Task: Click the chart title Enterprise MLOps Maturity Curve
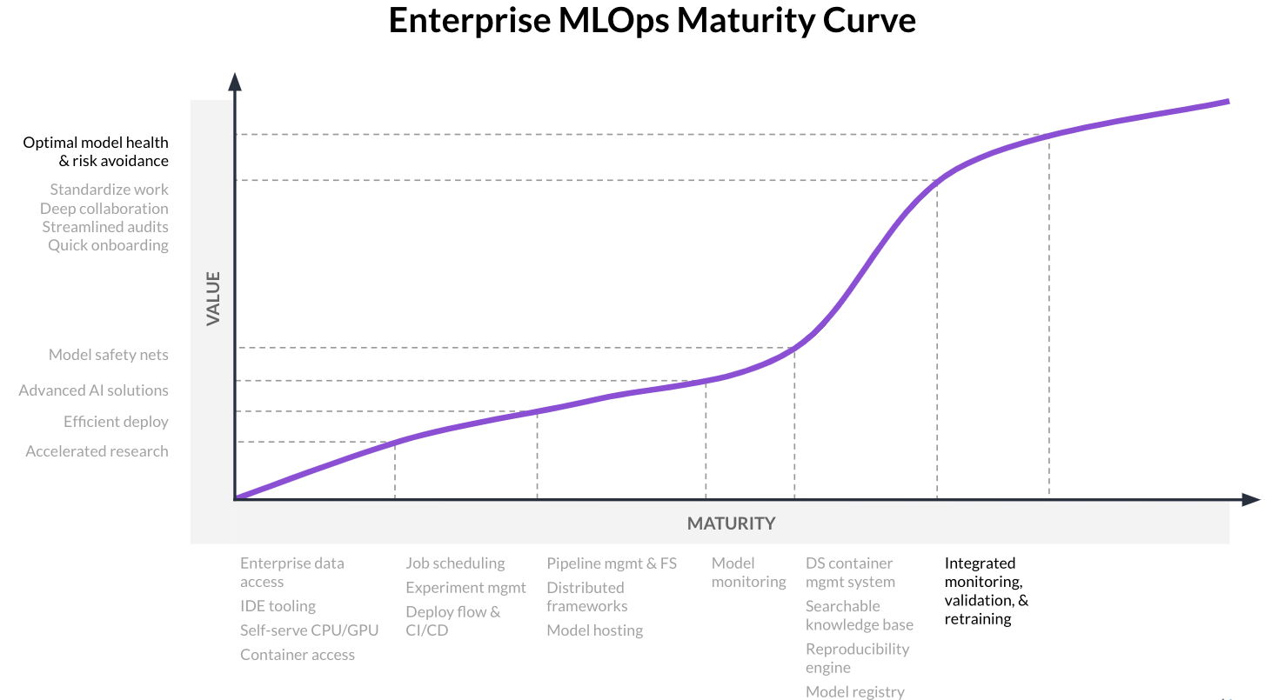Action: point(652,21)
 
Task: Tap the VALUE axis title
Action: point(214,299)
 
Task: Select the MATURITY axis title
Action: point(731,523)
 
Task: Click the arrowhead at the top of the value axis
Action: point(235,81)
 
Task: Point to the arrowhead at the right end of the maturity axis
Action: point(1250,499)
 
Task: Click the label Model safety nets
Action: point(109,355)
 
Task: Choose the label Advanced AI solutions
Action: point(94,390)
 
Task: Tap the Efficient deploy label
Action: point(116,422)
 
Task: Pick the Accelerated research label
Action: point(97,451)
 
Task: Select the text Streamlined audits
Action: point(105,227)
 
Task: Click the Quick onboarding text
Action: point(108,245)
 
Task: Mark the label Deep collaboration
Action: point(104,209)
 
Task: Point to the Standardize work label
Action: point(109,190)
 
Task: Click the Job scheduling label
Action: point(455,563)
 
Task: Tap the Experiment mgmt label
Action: point(465,588)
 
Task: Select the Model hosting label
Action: point(594,630)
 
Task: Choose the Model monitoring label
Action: point(748,573)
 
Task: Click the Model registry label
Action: point(855,692)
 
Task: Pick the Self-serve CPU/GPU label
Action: point(309,630)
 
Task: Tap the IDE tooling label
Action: point(278,606)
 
